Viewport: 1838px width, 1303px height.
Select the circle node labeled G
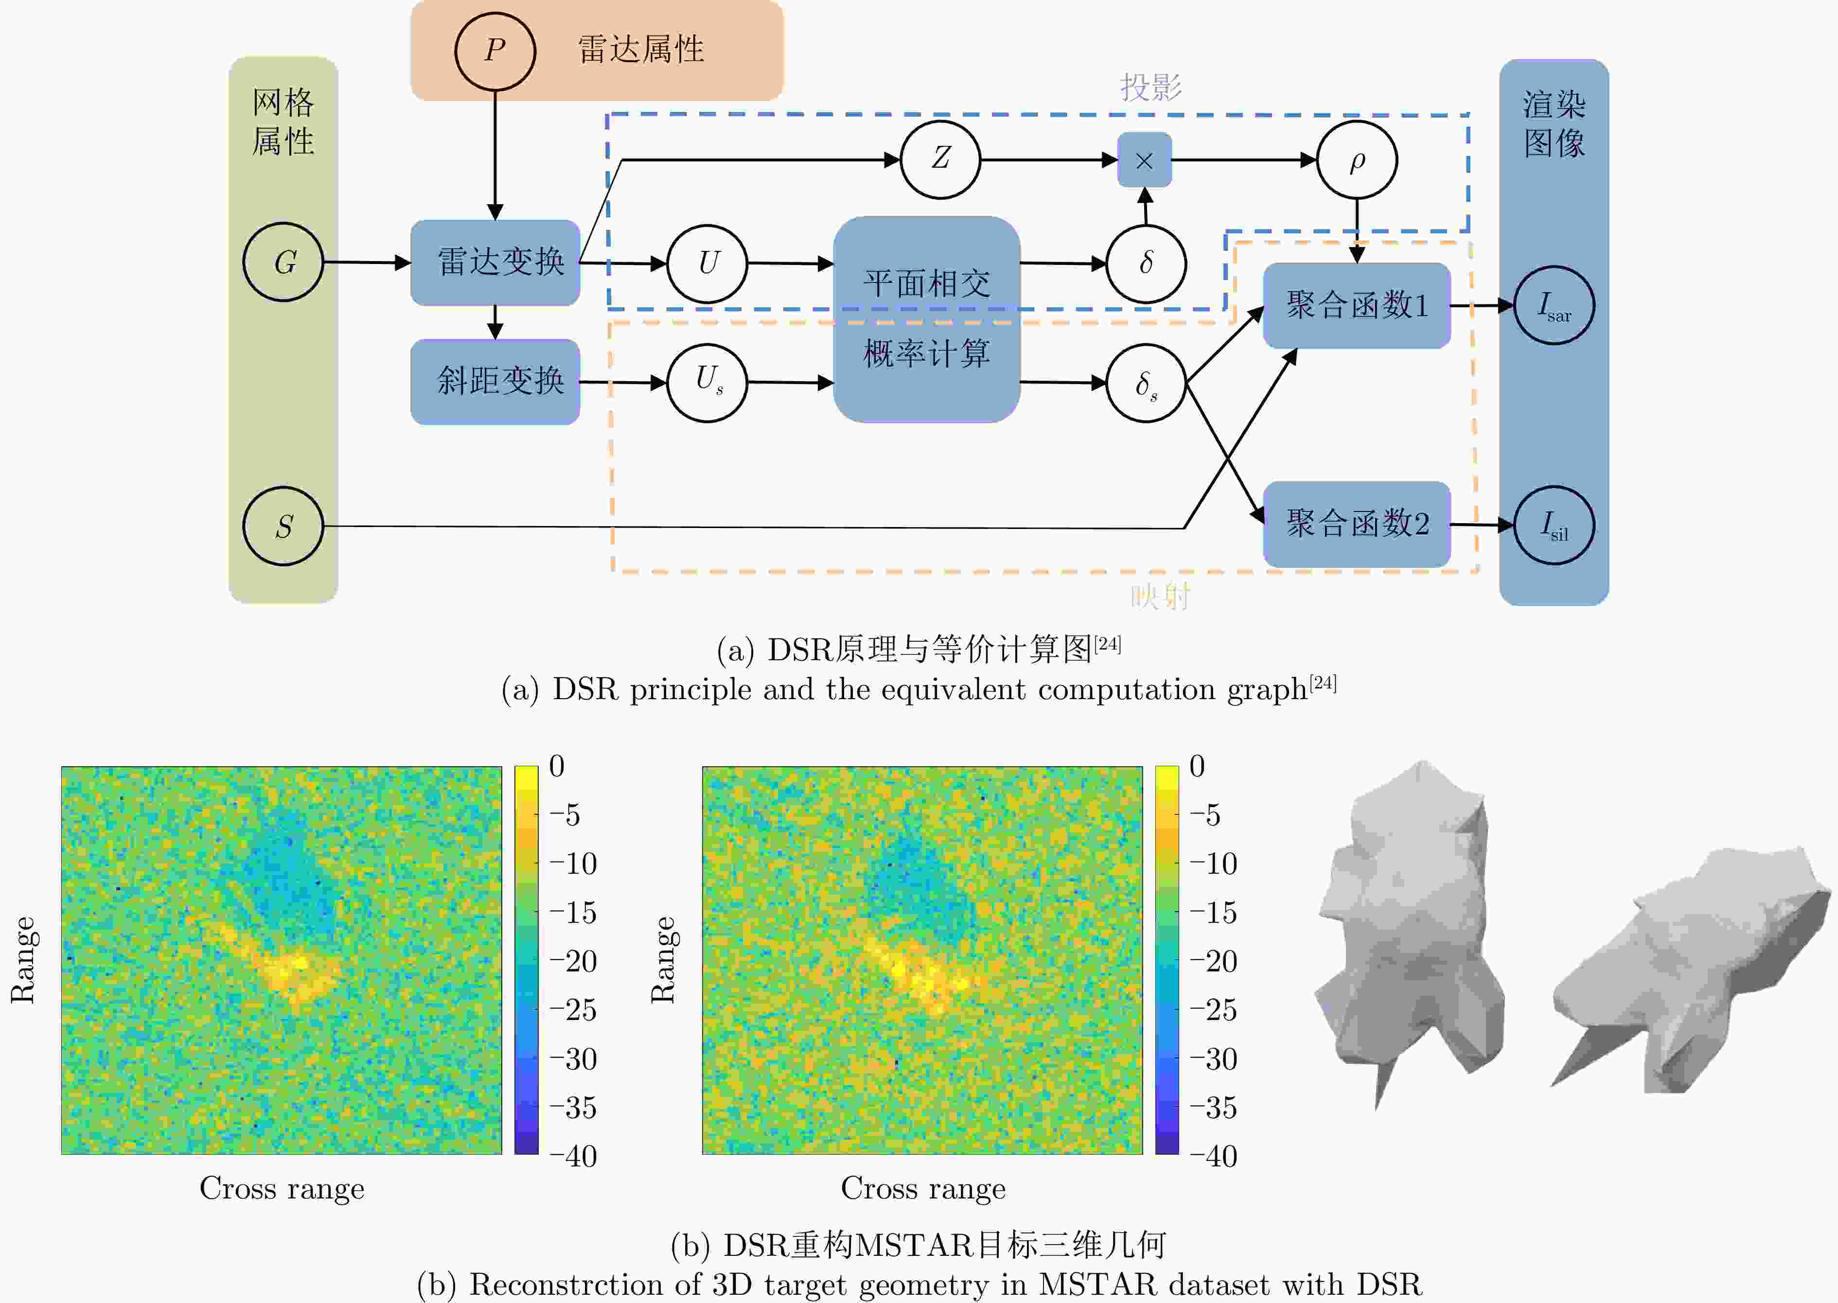(283, 262)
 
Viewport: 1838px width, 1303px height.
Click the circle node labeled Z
(940, 159)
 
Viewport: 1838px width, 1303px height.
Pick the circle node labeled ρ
(1357, 159)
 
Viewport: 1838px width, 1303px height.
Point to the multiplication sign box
(1145, 159)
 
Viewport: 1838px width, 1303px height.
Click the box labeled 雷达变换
(495, 263)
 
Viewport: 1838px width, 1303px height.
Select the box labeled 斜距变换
(495, 381)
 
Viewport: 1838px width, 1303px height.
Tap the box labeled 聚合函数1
(1357, 305)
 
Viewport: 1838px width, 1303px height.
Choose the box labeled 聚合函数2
(1357, 524)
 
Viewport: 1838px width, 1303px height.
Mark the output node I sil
(1554, 526)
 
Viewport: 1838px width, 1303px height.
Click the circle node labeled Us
(707, 383)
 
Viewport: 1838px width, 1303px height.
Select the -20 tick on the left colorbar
(573, 961)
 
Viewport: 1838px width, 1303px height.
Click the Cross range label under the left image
(282, 1188)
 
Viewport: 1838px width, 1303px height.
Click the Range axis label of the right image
(663, 960)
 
